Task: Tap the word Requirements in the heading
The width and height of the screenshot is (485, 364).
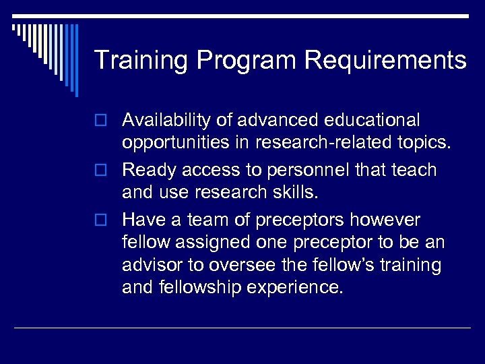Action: [x=385, y=61]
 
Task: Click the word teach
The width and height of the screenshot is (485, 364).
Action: [x=413, y=171]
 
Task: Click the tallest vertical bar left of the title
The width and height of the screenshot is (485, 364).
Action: [x=76, y=59]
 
